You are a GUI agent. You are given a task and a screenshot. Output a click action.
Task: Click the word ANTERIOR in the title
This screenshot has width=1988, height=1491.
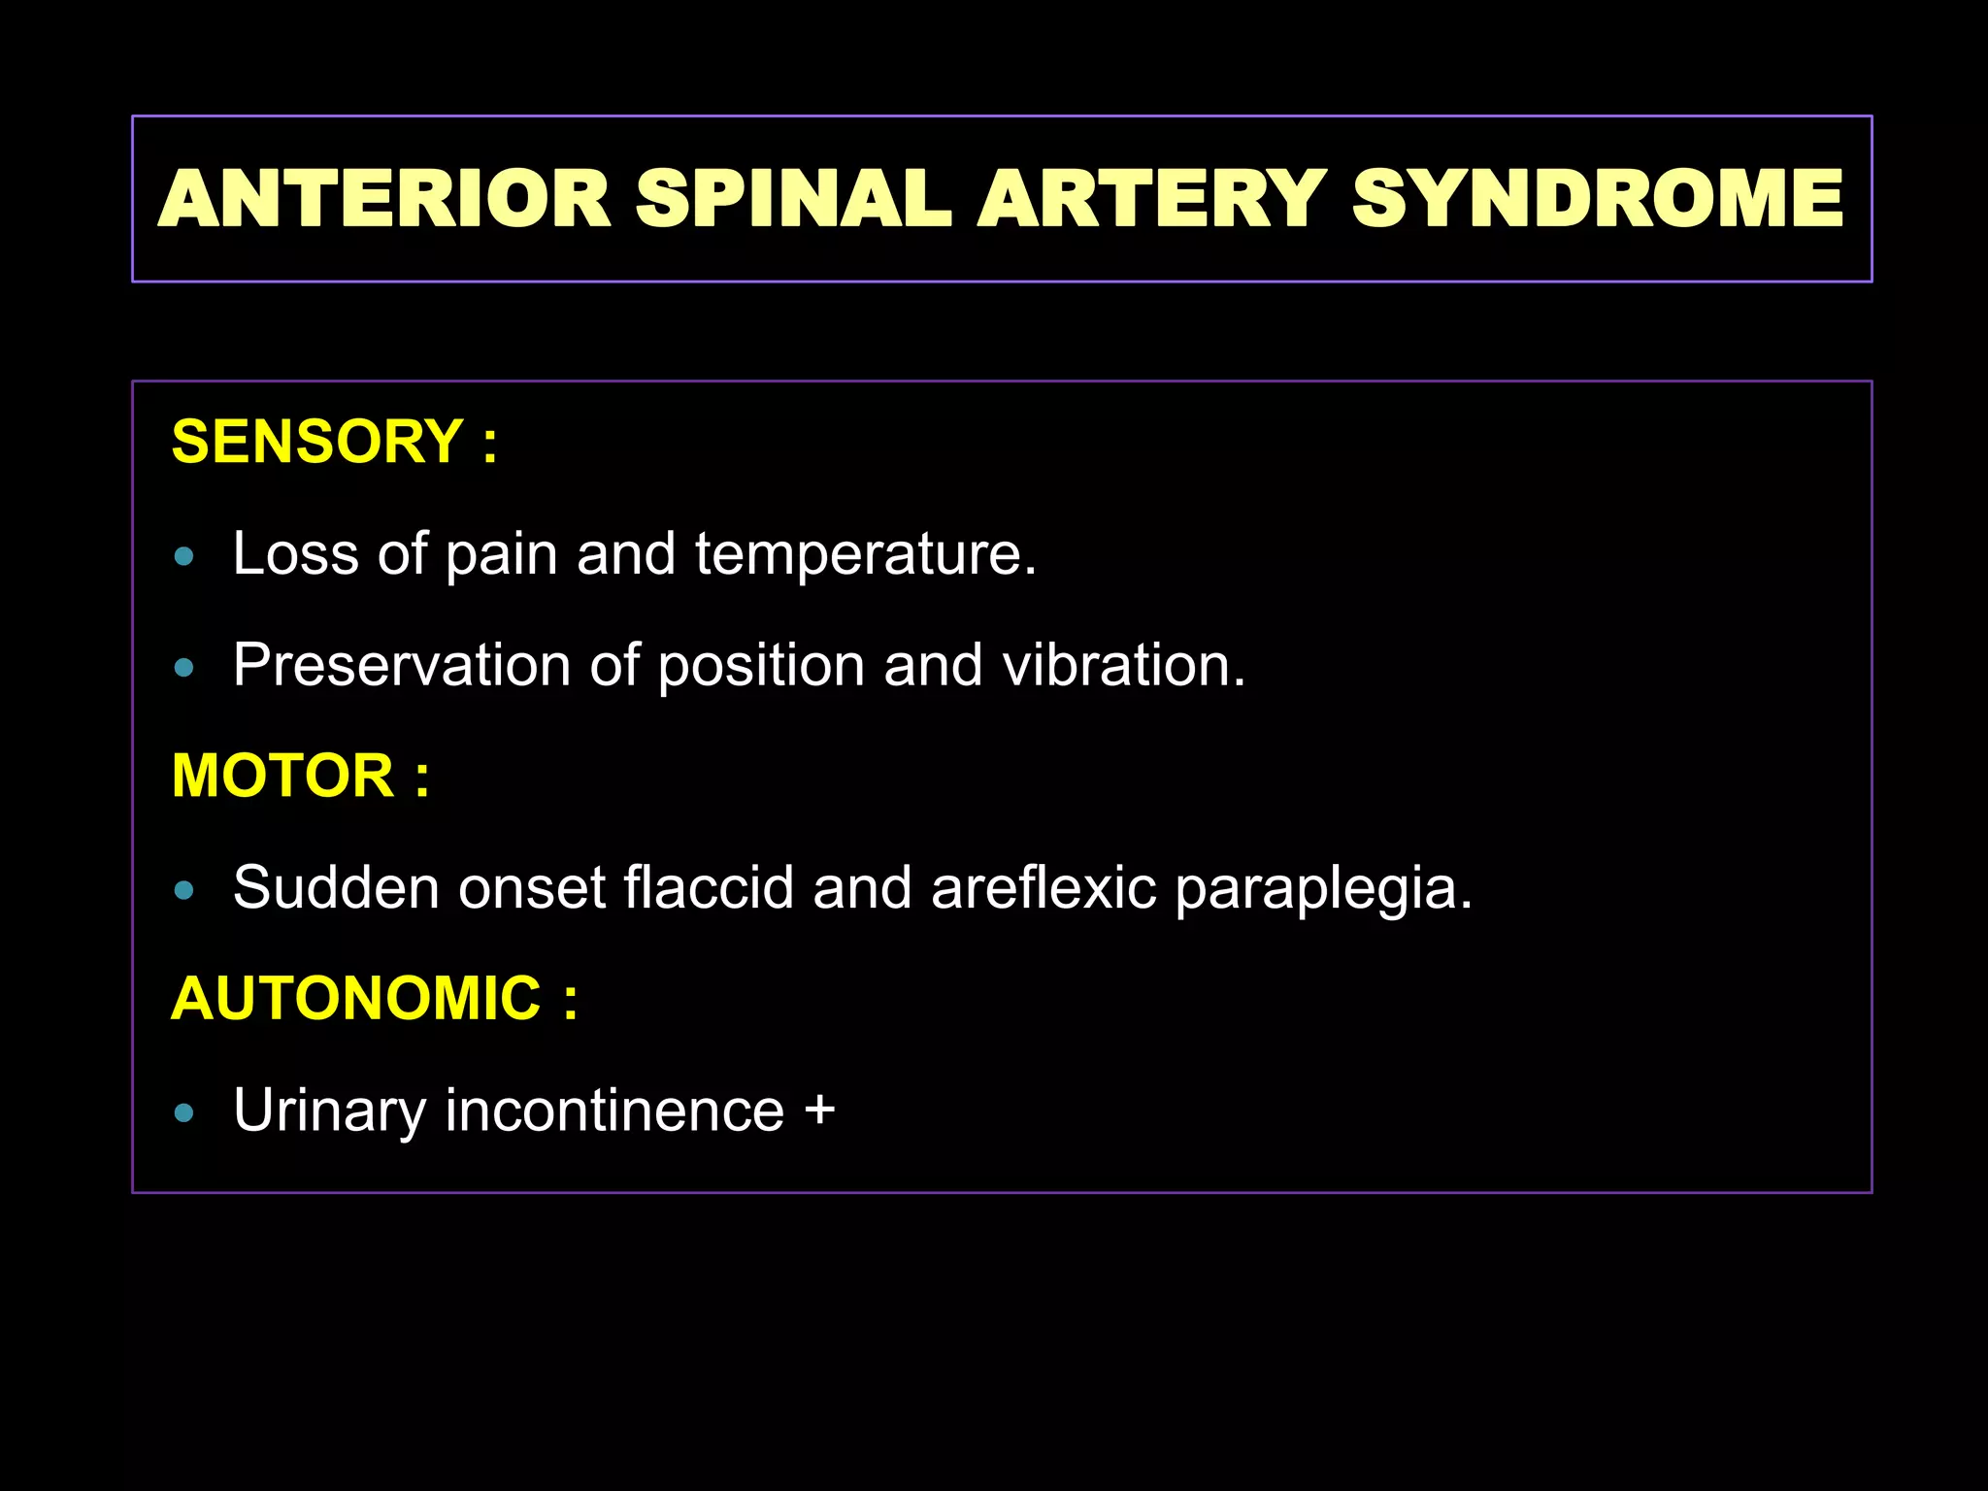pos(384,199)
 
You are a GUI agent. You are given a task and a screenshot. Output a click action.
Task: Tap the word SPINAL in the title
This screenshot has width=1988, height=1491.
pos(793,199)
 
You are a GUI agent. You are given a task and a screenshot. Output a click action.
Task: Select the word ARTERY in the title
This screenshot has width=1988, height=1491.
pos(1151,199)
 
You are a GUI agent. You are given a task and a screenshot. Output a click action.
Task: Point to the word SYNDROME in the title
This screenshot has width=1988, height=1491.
pos(1598,199)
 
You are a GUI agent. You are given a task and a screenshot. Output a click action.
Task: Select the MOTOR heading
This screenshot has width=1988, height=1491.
pos(282,776)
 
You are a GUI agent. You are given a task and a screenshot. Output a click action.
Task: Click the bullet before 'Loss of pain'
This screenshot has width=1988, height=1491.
pos(184,557)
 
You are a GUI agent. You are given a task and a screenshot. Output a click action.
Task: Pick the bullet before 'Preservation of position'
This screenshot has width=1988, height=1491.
pos(184,668)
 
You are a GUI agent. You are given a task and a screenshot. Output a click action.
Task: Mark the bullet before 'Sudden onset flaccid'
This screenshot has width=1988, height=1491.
pos(184,890)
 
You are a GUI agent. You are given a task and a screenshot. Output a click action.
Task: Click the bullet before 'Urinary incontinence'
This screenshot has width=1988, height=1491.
pos(184,1112)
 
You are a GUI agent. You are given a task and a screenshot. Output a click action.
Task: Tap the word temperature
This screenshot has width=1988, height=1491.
pos(865,555)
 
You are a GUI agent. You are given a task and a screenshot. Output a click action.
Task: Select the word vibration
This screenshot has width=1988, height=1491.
pos(1123,666)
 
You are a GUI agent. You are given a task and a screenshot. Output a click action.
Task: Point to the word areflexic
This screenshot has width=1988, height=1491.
pos(1044,888)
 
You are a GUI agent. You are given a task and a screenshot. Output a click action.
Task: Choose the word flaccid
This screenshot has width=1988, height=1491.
pos(709,888)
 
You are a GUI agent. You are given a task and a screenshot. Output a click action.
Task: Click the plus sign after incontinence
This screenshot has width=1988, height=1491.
pos(820,1110)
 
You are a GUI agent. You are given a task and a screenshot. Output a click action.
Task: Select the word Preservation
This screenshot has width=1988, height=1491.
pos(402,666)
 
